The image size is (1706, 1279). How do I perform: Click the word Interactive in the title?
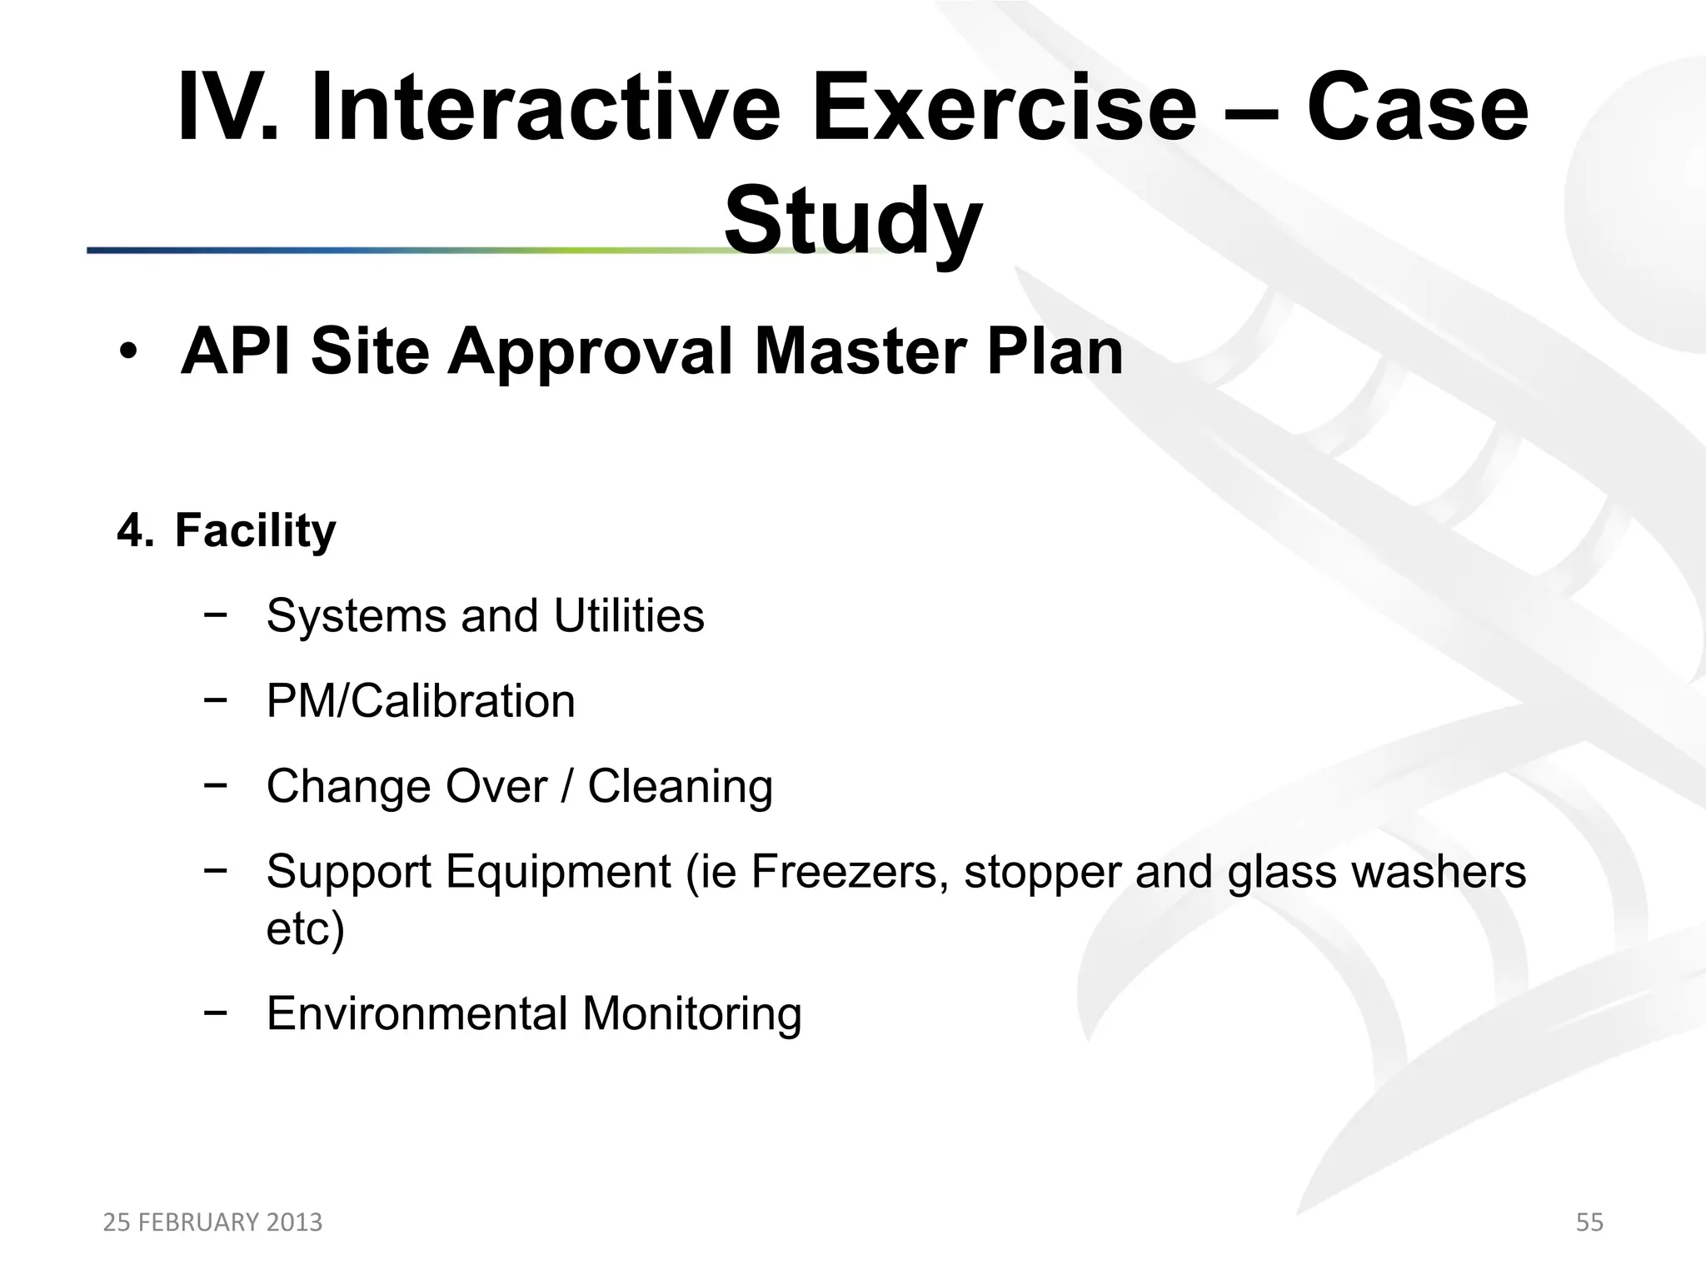(546, 109)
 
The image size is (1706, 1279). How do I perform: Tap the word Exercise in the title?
(1003, 109)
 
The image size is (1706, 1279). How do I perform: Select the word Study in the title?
(852, 221)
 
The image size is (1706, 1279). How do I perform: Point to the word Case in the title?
(1416, 109)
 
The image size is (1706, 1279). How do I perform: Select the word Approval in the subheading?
(591, 353)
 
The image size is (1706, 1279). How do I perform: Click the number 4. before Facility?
(135, 530)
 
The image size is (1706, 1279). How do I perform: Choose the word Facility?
(255, 532)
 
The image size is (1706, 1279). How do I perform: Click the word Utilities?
(628, 616)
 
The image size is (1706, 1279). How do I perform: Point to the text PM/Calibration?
(421, 702)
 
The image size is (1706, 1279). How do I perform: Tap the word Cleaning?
(680, 787)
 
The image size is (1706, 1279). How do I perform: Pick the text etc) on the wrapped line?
(305, 928)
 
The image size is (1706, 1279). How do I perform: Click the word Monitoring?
(691, 1014)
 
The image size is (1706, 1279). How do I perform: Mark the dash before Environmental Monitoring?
(215, 1013)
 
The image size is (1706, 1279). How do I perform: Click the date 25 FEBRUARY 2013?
(212, 1222)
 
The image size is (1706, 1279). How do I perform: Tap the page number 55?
(1589, 1222)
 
